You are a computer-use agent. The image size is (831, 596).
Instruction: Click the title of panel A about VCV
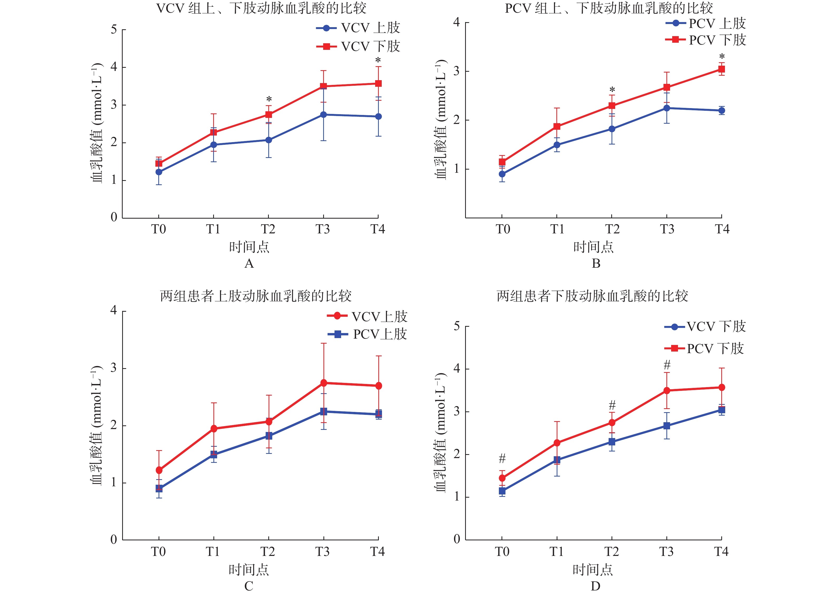tap(261, 8)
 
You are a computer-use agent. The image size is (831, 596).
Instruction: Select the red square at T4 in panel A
tap(378, 84)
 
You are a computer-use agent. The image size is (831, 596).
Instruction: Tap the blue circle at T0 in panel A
tap(159, 172)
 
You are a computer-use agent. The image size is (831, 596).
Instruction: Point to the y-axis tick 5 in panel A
tap(114, 29)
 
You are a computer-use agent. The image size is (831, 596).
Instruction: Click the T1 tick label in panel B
tap(557, 229)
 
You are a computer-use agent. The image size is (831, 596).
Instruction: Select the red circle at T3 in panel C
tap(323, 383)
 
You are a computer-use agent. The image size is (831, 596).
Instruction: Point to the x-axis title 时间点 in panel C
tap(249, 570)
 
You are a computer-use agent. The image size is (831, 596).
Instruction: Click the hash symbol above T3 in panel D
tap(667, 365)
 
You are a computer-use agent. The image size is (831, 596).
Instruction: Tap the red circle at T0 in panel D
tap(502, 478)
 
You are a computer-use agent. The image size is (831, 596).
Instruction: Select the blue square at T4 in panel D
tap(721, 410)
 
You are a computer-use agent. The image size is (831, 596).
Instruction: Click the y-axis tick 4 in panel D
tap(457, 368)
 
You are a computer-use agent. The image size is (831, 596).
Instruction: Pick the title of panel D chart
tap(592, 296)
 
